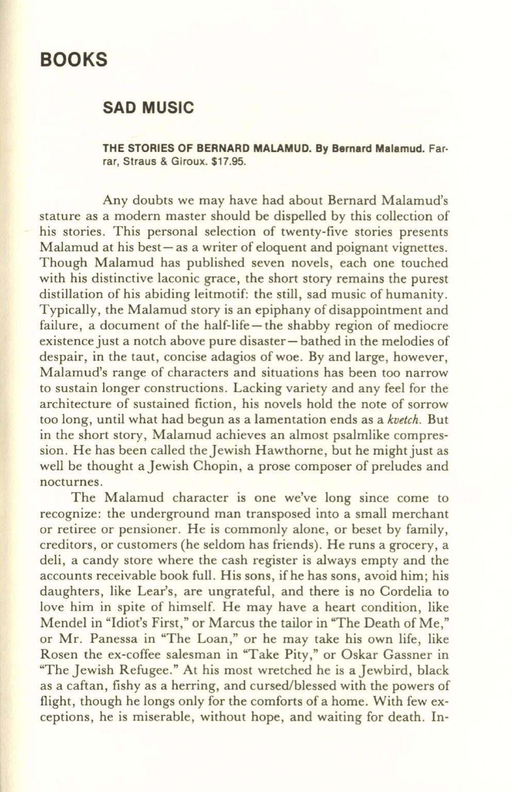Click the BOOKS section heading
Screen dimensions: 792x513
74,59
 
